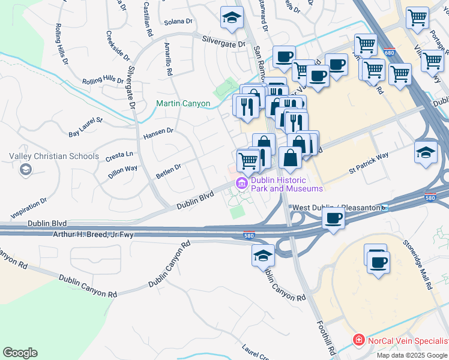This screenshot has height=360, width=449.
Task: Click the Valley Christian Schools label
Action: click(x=54, y=156)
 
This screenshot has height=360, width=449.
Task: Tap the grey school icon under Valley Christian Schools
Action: click(x=25, y=170)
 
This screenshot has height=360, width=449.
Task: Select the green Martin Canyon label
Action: click(x=183, y=103)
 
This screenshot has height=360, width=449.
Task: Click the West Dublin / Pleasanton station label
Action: click(x=336, y=208)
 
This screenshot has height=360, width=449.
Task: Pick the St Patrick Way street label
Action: click(x=369, y=164)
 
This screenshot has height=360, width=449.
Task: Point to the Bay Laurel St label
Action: click(x=86, y=127)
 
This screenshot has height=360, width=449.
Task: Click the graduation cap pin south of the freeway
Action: click(x=263, y=256)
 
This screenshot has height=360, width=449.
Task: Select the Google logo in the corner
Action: click(x=20, y=353)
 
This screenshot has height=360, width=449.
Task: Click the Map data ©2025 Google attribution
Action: click(x=412, y=355)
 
